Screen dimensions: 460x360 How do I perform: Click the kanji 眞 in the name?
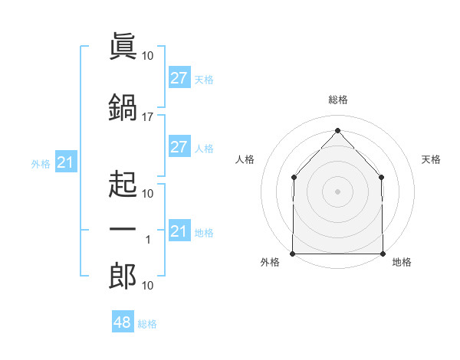[x=123, y=46]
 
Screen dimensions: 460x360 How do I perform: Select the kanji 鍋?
[x=123, y=107]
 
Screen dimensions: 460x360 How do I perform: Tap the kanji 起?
[x=123, y=184]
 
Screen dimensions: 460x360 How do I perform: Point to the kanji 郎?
[x=123, y=276]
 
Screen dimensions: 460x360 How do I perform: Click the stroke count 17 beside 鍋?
[x=147, y=117]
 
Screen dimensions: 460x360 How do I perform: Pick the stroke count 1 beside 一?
[x=148, y=240]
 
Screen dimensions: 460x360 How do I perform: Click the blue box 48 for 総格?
[x=123, y=321]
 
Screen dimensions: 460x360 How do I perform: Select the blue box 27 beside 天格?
[x=179, y=77]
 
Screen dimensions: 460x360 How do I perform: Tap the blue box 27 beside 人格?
[x=179, y=146]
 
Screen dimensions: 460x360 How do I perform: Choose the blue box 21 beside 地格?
[x=179, y=230]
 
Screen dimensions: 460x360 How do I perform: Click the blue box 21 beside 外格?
[x=66, y=162]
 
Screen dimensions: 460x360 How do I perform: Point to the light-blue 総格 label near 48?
[x=147, y=324]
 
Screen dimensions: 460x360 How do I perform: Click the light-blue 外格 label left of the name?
[x=41, y=164]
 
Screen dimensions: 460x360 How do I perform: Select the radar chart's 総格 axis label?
[x=338, y=100]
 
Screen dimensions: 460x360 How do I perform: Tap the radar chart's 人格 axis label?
[x=245, y=159]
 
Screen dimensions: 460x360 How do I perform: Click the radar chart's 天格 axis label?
[x=431, y=159]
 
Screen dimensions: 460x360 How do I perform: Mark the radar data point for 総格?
[x=337, y=130]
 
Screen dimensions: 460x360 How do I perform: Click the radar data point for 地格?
[x=383, y=254]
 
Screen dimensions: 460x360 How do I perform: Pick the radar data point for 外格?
[x=293, y=254]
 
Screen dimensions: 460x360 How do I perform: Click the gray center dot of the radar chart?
[x=337, y=191]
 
